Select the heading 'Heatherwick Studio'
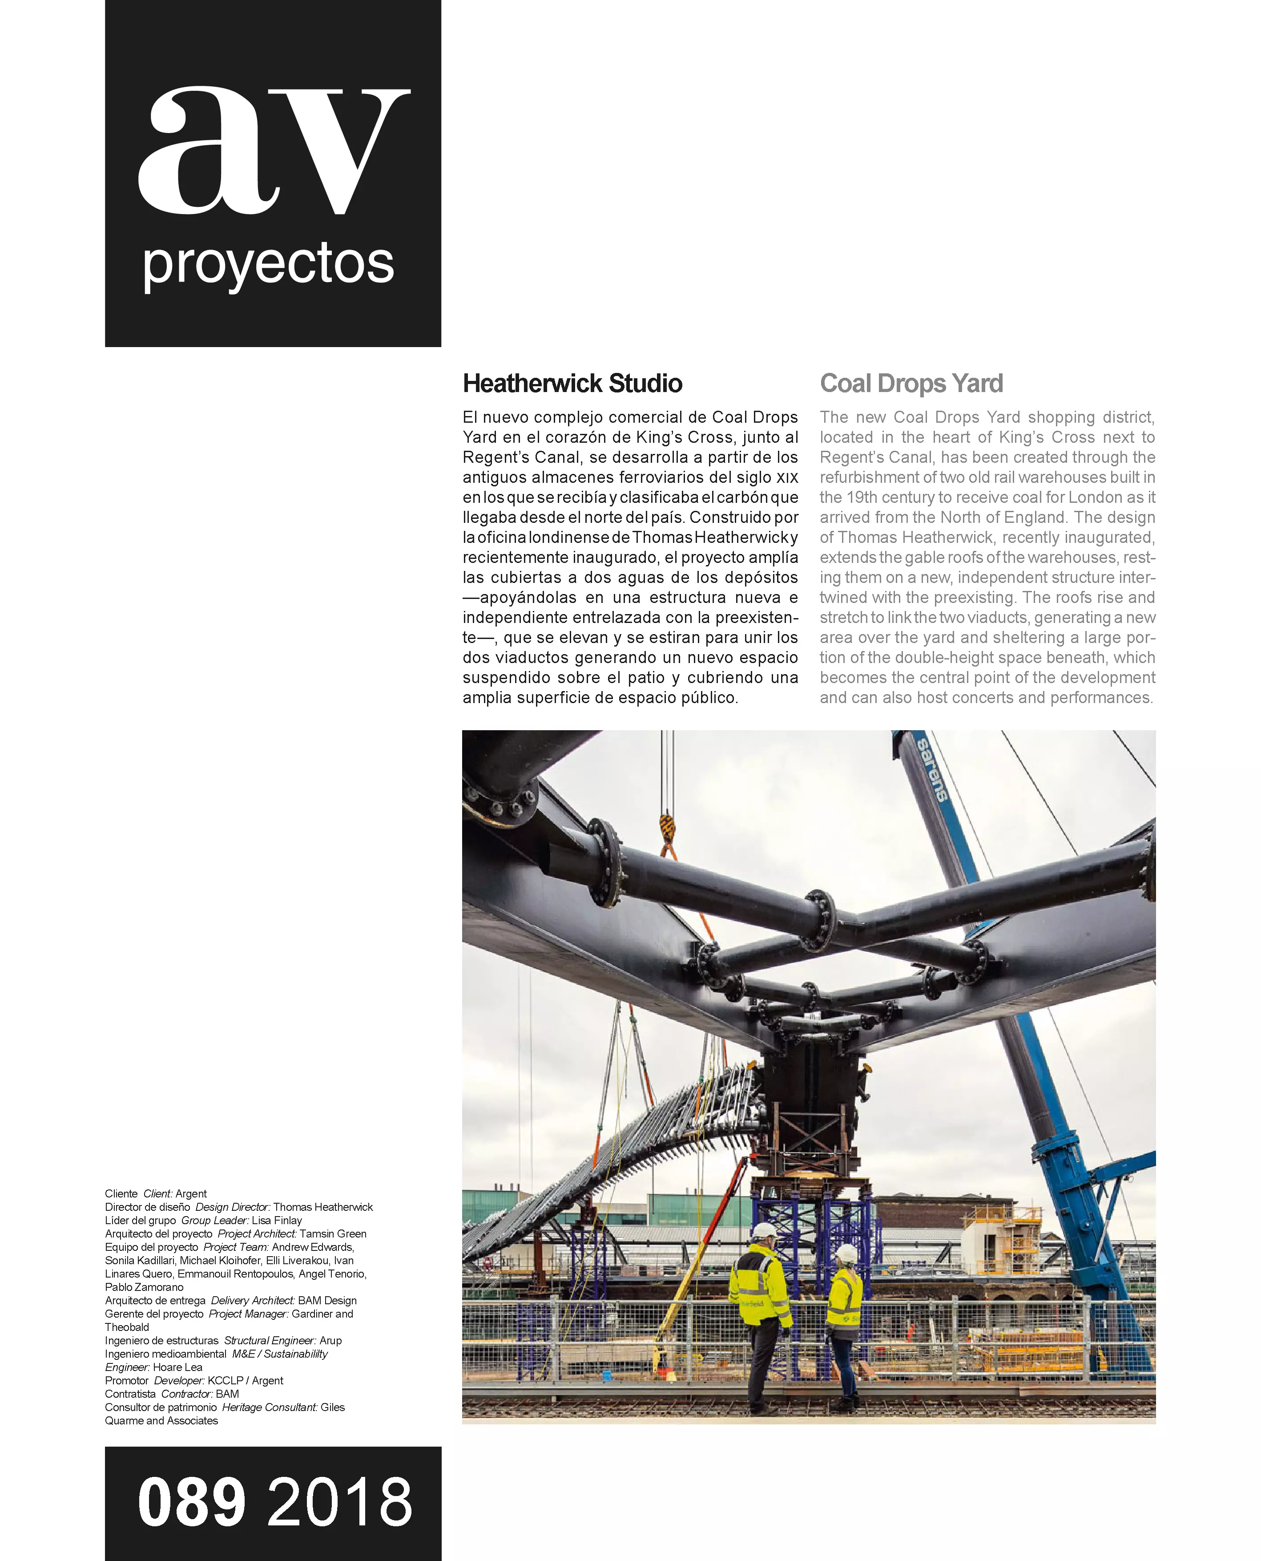572,384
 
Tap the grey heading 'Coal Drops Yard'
911,384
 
